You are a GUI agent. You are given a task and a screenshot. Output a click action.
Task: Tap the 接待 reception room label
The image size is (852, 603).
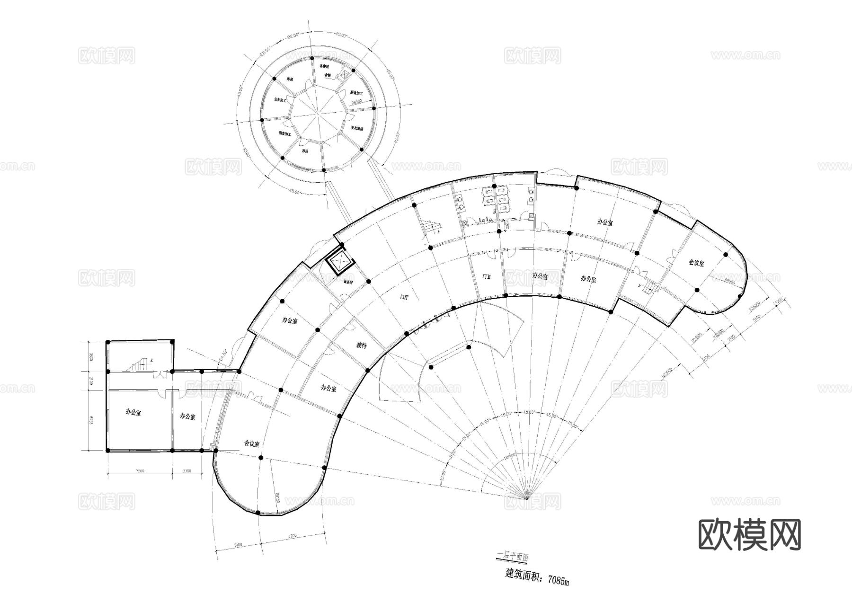[361, 346]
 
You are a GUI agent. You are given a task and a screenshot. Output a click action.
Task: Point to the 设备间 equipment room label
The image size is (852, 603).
[348, 282]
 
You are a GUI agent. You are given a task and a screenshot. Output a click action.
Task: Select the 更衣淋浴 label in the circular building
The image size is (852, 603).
[357, 128]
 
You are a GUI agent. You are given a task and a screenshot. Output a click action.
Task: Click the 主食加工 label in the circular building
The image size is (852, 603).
[281, 100]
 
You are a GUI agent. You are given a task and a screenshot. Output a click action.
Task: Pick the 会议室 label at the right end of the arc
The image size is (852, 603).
[696, 263]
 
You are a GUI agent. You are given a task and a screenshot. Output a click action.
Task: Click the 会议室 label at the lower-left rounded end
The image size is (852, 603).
[252, 443]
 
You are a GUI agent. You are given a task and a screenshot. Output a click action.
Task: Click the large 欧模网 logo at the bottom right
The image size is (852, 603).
[750, 535]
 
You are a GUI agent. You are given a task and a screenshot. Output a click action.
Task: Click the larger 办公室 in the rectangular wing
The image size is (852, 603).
[133, 413]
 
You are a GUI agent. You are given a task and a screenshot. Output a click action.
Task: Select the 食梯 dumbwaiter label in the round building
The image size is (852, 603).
[327, 75]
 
